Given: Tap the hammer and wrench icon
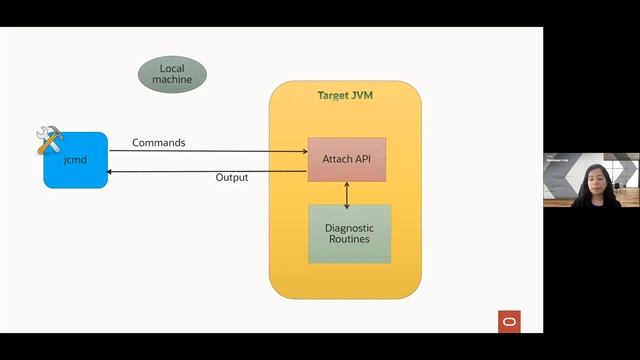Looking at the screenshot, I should coord(49,139).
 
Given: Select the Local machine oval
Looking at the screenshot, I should coord(172,73).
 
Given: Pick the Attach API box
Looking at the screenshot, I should coord(347,159).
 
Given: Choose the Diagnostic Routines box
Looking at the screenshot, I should coord(349,234).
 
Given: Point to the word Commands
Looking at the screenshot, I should coord(158,143).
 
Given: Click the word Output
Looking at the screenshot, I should coord(232,178).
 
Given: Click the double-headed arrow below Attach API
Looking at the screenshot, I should coord(347,194).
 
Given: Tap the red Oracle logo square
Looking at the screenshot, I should coord(509,321).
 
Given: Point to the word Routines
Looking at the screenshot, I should coord(349,240).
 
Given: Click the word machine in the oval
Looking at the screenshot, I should coord(172,80).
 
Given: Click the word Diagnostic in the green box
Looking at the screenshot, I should coord(349,227).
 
